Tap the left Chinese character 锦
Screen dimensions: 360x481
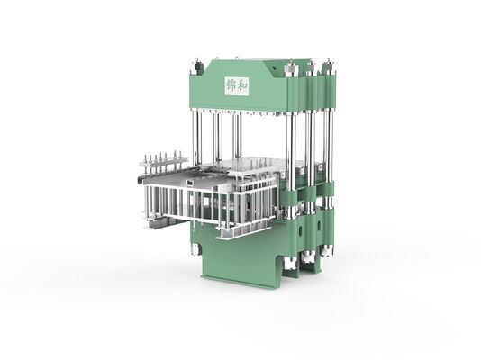[x=231, y=85]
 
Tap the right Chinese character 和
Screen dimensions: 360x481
[x=243, y=85]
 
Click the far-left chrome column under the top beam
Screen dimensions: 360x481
[x=195, y=135]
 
